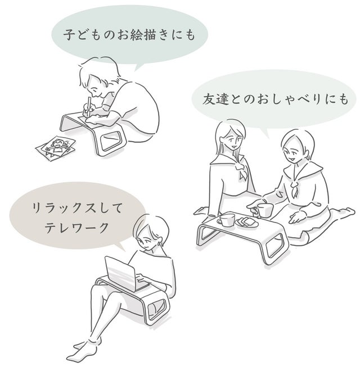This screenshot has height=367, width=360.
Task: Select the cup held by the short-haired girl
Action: pyautogui.click(x=265, y=210)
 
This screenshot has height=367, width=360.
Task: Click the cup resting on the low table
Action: pyautogui.click(x=227, y=220)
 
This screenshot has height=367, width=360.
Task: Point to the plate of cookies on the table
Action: pyautogui.click(x=247, y=222)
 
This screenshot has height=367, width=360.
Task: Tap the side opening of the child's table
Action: pyautogui.click(x=111, y=140)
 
